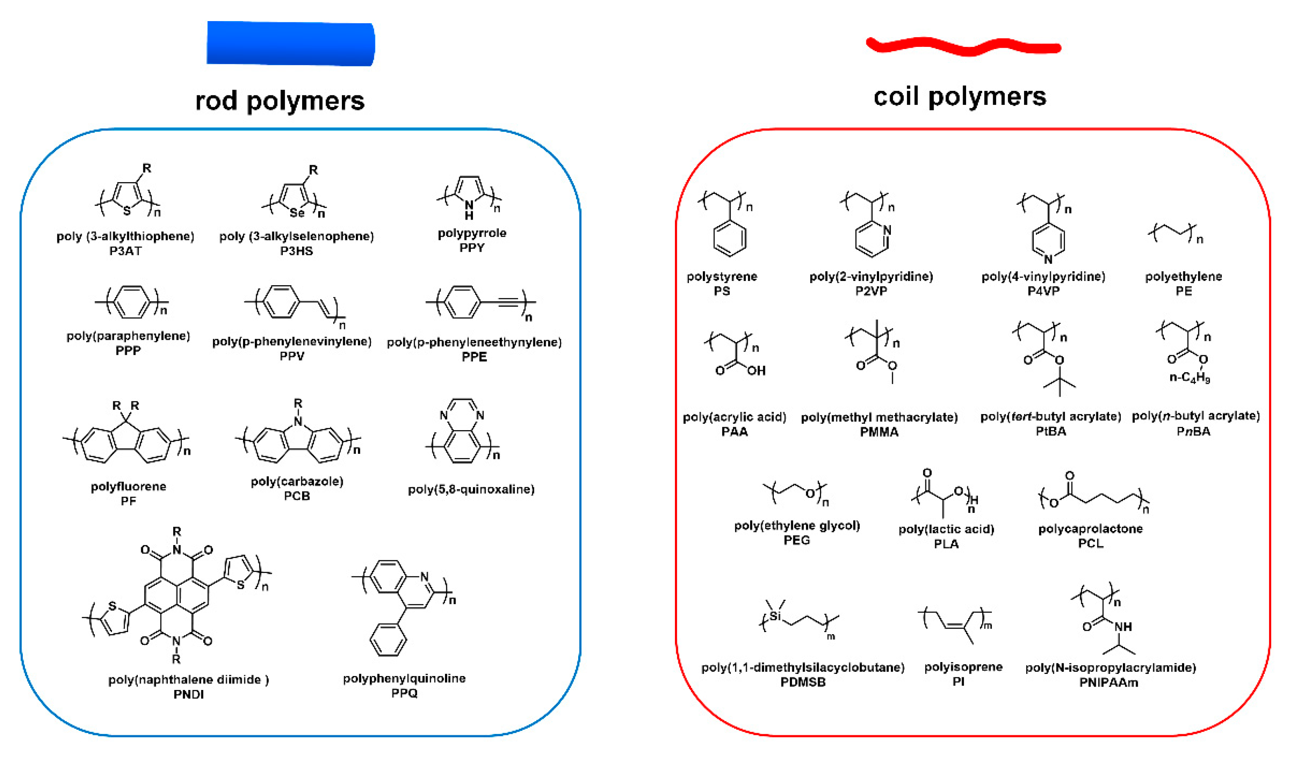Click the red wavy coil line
tap(962, 47)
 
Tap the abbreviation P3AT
tap(125, 251)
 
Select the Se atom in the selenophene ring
tap(297, 213)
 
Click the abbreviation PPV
tap(292, 356)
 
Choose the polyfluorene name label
tap(128, 486)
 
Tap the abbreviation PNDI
tap(188, 694)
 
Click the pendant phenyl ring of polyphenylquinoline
tap(388, 640)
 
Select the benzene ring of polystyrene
tap(729, 238)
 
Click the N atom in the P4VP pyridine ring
tap(1048, 259)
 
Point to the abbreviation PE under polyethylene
tap(1183, 291)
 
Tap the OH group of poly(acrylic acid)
tap(756, 371)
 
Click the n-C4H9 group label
tap(1189, 378)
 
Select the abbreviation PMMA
tap(879, 432)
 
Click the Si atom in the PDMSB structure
tap(775, 616)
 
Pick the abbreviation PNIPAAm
tap(1109, 682)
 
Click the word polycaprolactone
tap(1090, 529)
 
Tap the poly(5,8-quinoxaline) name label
tap(471, 489)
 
